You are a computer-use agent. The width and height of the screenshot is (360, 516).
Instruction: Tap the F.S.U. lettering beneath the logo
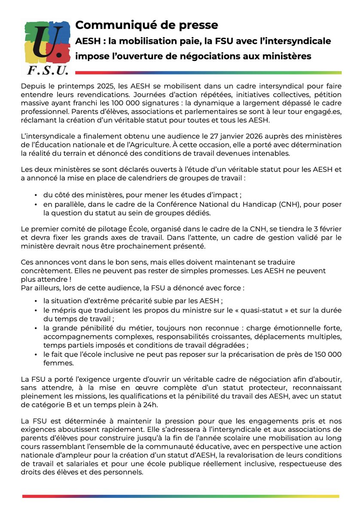(47, 70)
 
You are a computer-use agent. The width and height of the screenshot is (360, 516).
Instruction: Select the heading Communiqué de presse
(146, 25)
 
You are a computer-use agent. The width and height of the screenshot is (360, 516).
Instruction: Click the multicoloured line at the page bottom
(180, 496)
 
